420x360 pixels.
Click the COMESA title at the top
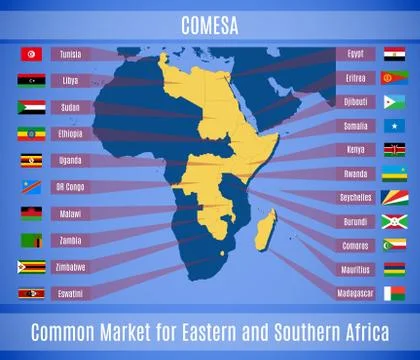tap(209, 18)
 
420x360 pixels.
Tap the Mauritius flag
tap(393, 269)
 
